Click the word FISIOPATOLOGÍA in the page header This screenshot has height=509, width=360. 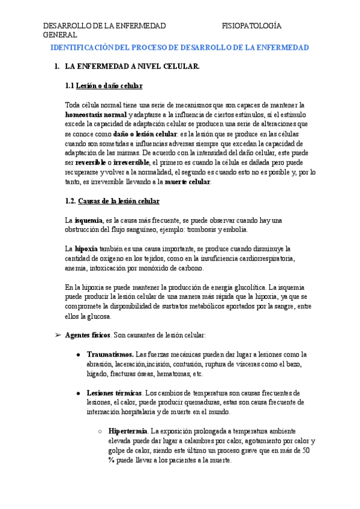point(252,26)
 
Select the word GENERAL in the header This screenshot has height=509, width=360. point(61,35)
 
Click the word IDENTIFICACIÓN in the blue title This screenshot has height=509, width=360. point(79,47)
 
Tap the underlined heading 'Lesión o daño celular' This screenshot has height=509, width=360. point(112,86)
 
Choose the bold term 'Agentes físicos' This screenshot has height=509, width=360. point(87,335)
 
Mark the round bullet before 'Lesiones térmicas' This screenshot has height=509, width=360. point(79,393)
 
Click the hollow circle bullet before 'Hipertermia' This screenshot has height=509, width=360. point(99,431)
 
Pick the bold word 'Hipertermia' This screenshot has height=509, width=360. point(128,431)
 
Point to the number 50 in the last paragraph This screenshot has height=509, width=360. point(306,450)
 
